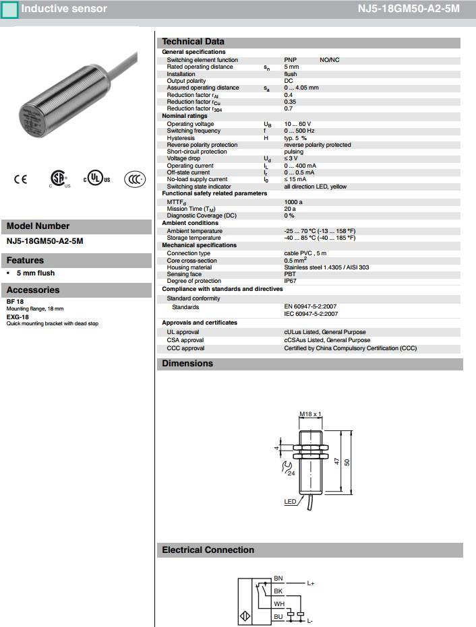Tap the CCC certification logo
point(134,179)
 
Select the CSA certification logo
point(61,178)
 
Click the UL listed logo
point(96,178)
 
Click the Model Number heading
point(38,226)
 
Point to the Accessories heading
point(33,290)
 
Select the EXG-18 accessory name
point(18,317)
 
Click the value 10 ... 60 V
point(297,124)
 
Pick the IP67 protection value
point(291,281)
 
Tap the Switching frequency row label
point(194,131)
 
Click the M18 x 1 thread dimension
point(310,414)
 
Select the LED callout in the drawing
point(290,502)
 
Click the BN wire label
point(278,579)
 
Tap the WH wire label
point(278,604)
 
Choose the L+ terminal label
point(311,583)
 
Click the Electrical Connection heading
point(208,550)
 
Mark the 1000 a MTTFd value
point(293,201)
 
